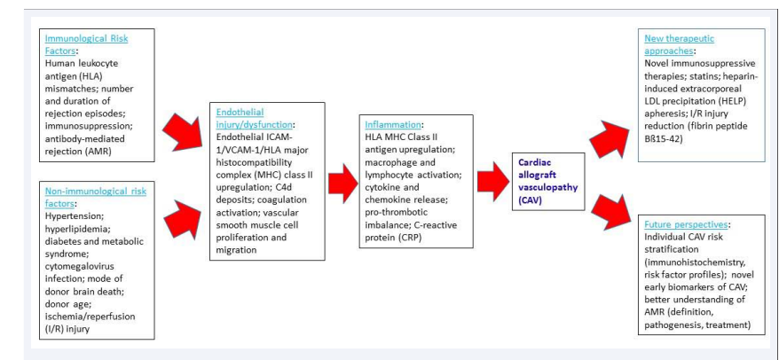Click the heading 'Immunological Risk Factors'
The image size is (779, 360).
86,44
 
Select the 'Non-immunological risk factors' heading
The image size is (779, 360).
96,197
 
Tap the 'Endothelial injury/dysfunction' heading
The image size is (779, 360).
255,117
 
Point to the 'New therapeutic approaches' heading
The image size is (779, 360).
679,44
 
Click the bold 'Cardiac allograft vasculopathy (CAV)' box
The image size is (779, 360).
548,181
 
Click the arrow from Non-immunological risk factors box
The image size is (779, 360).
182,216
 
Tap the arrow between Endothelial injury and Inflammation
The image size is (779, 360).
342,183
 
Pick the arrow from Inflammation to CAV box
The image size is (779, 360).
493,181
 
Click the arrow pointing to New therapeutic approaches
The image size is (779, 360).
609,139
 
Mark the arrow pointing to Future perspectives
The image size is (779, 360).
610,213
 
